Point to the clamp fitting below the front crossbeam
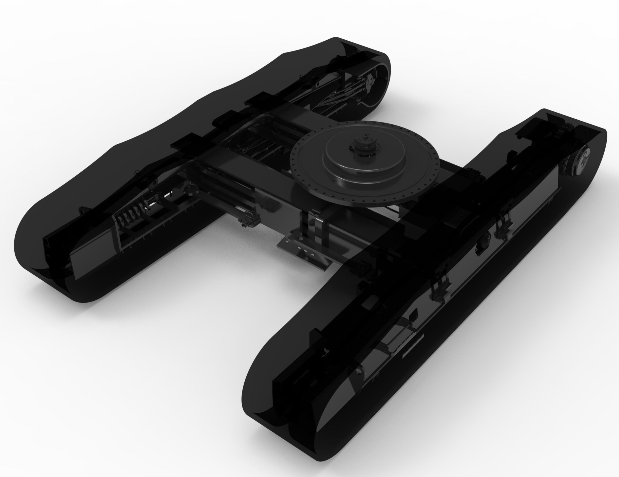point(249,221)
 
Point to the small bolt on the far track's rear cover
point(386,78)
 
